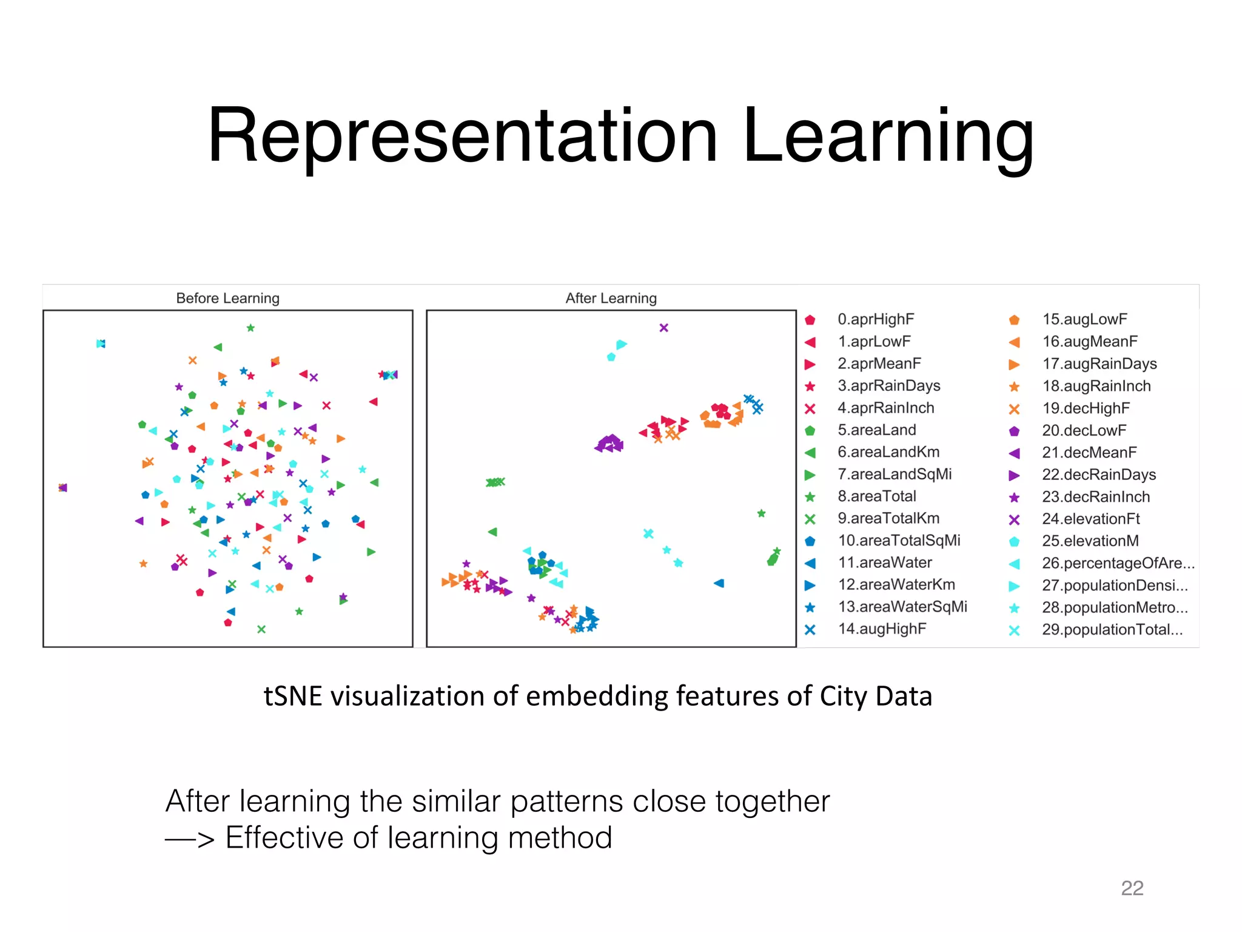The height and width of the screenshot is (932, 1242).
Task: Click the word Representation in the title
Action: click(x=462, y=137)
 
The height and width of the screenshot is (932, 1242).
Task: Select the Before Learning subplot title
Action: click(x=227, y=298)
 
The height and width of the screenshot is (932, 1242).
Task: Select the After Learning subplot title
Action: click(x=611, y=298)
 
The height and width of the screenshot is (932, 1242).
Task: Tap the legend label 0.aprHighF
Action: click(x=875, y=319)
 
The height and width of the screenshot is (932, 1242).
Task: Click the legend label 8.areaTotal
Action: click(x=876, y=496)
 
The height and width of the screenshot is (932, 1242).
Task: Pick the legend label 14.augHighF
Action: click(x=882, y=629)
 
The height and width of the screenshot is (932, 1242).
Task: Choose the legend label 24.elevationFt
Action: click(x=1090, y=519)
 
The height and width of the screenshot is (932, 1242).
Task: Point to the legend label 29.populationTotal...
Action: click(x=1112, y=629)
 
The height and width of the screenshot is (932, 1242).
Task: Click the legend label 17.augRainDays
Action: click(x=1099, y=364)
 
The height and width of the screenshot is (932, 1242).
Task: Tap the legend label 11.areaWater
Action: click(x=885, y=562)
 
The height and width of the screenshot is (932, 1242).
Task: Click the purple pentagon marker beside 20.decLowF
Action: click(x=1014, y=431)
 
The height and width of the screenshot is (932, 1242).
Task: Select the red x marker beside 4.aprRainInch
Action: click(x=810, y=408)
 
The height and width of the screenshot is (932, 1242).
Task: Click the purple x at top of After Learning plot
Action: click(x=663, y=328)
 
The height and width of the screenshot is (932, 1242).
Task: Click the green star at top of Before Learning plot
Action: click(x=250, y=328)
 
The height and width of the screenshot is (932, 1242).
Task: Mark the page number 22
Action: click(x=1132, y=888)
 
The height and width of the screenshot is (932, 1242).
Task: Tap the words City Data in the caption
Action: click(x=875, y=696)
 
